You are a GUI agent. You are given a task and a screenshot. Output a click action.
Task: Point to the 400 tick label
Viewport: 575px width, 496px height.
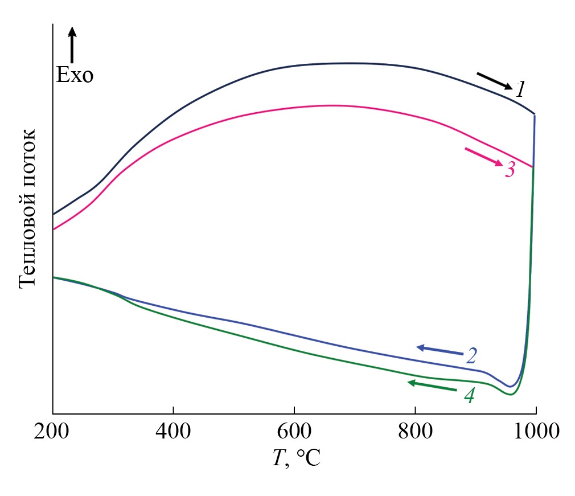[x=173, y=432]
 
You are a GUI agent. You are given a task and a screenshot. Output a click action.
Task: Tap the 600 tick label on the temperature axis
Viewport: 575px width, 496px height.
[x=294, y=432]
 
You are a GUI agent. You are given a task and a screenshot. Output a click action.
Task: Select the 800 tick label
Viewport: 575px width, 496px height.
[x=415, y=432]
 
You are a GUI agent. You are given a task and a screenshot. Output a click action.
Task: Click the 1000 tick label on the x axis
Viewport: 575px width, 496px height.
[x=536, y=432]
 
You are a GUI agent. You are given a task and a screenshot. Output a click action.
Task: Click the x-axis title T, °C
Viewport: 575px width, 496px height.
[x=295, y=457]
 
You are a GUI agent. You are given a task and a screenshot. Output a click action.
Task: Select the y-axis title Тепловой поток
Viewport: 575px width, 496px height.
[x=28, y=208]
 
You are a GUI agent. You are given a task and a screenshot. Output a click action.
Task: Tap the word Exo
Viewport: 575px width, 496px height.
[x=75, y=75]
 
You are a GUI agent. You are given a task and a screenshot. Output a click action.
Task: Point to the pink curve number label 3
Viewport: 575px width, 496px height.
[x=510, y=169]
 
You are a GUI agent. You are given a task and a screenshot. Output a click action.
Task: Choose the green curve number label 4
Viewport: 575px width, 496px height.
[x=469, y=395]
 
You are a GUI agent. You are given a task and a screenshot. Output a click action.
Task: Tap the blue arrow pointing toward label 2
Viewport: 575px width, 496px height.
[x=439, y=350]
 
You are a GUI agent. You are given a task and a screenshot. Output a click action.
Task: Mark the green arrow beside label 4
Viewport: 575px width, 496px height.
[x=432, y=386]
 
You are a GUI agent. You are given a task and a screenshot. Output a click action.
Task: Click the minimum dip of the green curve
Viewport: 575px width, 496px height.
[x=511, y=394]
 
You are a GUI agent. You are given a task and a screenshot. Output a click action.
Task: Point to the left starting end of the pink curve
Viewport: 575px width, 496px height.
[x=54, y=229]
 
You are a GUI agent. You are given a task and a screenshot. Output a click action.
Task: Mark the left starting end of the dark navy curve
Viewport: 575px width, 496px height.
[x=54, y=214]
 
